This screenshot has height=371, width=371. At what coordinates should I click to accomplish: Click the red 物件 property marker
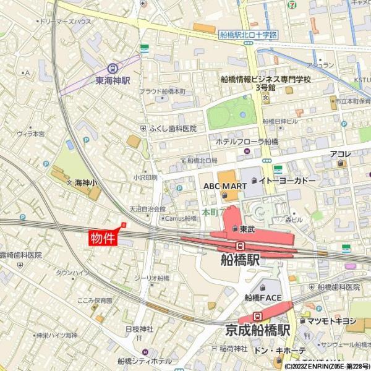(x=103, y=238)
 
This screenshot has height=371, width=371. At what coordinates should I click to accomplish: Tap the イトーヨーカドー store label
(x=287, y=180)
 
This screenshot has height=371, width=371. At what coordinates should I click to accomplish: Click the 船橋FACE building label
(x=263, y=297)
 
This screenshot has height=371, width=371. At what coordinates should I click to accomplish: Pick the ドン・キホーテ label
(x=280, y=351)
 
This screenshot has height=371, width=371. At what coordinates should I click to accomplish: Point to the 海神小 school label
(x=86, y=183)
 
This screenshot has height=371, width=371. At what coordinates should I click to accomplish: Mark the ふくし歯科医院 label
(x=173, y=129)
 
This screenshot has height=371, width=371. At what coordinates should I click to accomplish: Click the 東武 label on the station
(x=247, y=229)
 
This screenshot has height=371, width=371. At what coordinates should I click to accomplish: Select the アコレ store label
(x=340, y=154)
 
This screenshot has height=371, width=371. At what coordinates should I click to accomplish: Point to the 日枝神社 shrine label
(x=139, y=328)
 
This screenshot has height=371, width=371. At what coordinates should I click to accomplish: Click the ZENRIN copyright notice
(x=327, y=367)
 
